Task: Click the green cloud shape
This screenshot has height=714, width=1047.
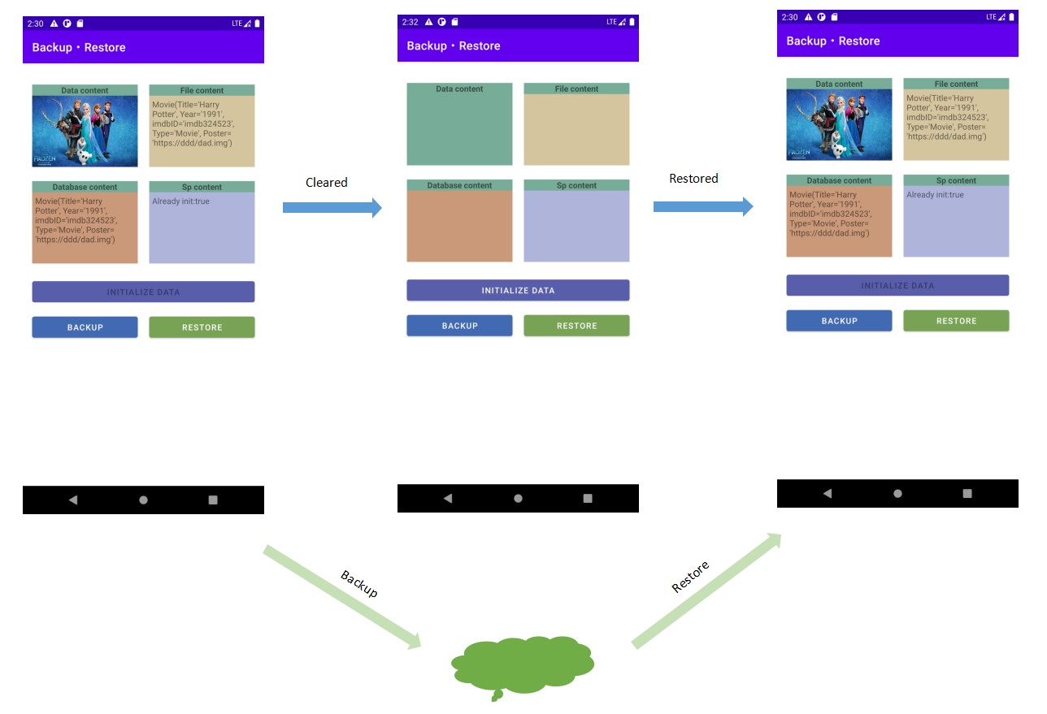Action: [x=522, y=665]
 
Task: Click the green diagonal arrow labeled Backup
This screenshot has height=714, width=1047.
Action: [x=341, y=597]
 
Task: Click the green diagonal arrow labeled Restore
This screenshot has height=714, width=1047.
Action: [x=706, y=591]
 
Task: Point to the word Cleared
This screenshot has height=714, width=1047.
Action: [x=326, y=183]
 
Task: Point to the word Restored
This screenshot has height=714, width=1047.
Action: [x=693, y=179]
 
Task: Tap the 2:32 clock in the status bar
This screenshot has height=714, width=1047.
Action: [x=410, y=22]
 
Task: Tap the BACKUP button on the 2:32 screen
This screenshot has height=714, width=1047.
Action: [x=459, y=326]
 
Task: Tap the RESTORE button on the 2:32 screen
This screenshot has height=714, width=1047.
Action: [x=576, y=326]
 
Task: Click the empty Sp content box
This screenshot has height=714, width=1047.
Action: [x=576, y=226]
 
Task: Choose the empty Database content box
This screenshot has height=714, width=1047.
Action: [x=459, y=226]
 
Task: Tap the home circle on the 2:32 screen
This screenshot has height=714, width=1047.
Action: [x=518, y=498]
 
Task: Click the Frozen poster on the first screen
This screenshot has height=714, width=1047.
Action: [x=85, y=131]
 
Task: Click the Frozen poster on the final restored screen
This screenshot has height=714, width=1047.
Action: [x=839, y=124]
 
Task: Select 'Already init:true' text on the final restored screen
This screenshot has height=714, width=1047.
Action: [x=935, y=195]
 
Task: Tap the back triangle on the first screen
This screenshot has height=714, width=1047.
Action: [x=73, y=500]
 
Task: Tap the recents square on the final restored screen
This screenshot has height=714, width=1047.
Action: [x=967, y=493]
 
